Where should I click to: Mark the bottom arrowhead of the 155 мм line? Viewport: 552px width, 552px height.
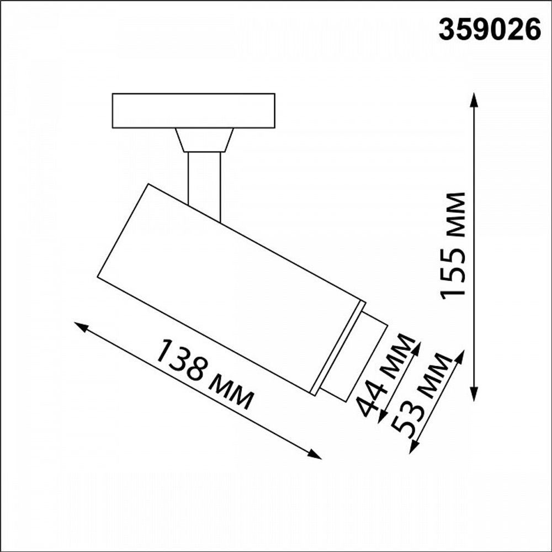pyautogui.click(x=474, y=394)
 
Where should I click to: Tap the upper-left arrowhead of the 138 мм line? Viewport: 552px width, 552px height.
pyautogui.click(x=81, y=326)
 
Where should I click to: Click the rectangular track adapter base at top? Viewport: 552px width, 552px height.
pyautogui.click(x=193, y=110)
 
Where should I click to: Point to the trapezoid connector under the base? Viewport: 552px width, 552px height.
pyautogui.click(x=204, y=140)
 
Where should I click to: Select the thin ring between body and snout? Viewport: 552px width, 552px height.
pyautogui.click(x=338, y=348)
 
